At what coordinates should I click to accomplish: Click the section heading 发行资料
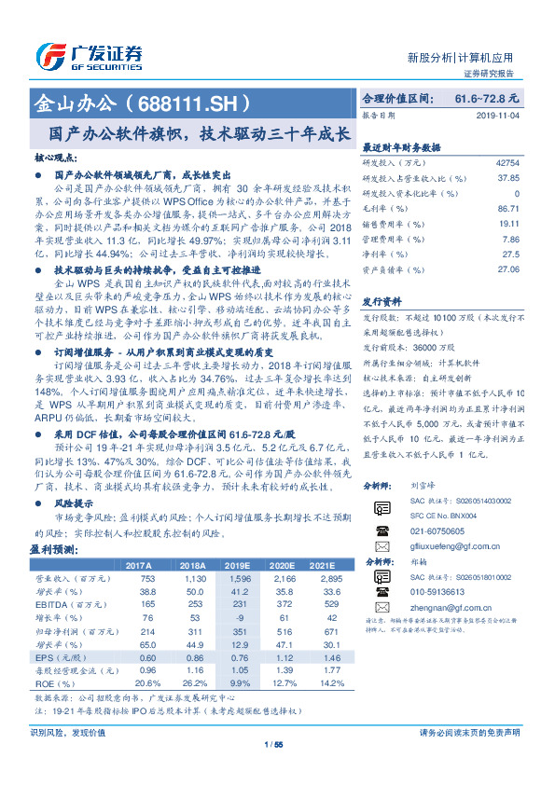[382, 303]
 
